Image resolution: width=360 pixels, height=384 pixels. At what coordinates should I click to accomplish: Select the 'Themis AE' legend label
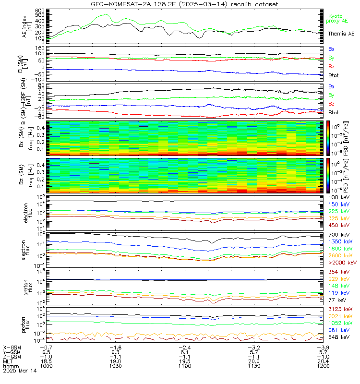(x=341, y=34)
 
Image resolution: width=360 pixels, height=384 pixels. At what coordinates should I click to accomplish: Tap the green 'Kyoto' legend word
(x=335, y=16)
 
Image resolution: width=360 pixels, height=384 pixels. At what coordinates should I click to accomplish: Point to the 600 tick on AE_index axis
(x=40, y=10)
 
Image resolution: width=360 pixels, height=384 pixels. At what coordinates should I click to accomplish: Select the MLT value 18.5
(x=46, y=360)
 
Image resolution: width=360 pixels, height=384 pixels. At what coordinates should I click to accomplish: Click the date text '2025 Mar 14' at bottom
(x=19, y=370)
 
